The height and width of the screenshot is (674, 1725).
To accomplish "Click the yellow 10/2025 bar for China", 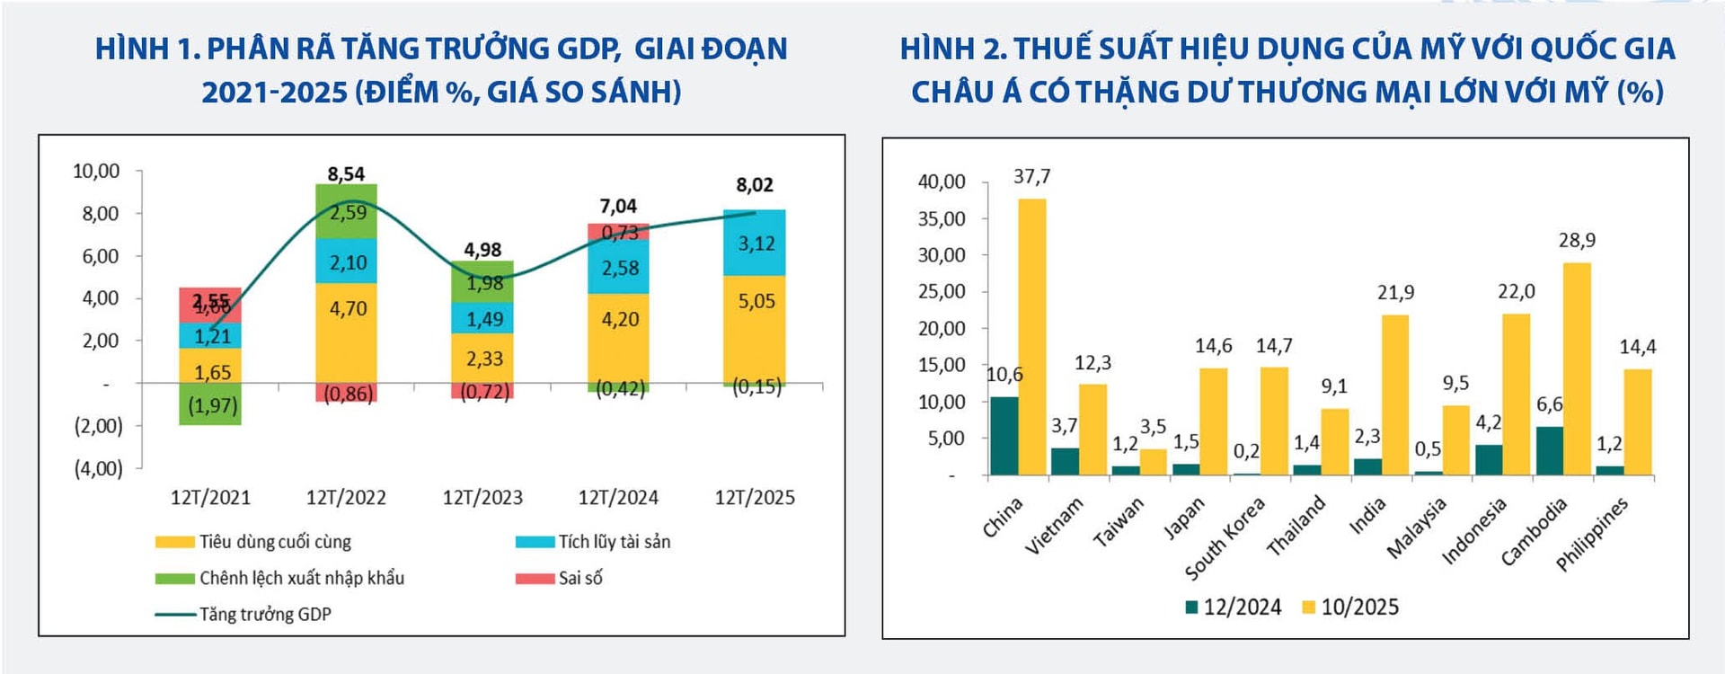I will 1032,336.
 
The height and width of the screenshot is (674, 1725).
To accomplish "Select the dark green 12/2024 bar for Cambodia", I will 1549,450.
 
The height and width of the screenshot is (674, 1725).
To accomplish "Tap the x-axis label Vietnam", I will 1055,526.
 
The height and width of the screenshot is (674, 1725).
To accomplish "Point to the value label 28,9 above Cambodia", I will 1577,241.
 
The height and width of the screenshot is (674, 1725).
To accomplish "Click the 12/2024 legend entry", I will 1233,607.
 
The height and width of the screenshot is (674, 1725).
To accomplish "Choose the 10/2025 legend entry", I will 1350,607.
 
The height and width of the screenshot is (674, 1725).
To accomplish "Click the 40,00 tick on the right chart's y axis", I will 941,182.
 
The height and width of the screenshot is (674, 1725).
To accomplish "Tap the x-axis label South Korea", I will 1225,538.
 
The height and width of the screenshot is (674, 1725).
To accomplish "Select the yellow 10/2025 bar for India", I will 1395,395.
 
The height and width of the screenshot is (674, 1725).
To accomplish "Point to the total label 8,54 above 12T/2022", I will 346,173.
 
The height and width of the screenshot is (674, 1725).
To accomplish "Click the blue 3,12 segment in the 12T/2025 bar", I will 755,244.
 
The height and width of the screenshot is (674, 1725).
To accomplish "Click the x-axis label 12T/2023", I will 482,498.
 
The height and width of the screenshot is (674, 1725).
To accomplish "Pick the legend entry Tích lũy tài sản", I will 594,542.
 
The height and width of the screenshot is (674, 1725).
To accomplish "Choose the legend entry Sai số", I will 559,578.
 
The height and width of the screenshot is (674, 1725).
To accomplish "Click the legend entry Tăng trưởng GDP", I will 243,615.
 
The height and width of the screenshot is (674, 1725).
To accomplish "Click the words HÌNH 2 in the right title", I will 953,49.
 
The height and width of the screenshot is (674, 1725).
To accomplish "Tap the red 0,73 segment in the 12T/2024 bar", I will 618,233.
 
